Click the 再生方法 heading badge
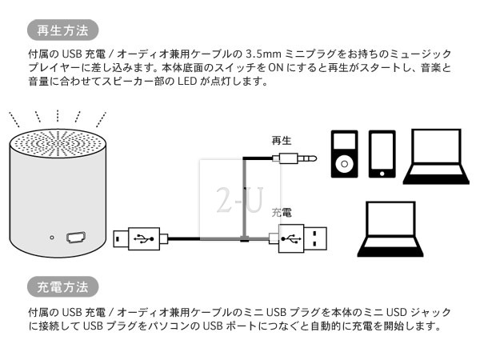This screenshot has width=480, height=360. coord(63,32)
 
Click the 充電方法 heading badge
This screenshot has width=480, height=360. coord(63,286)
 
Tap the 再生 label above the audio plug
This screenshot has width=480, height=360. coord(282,141)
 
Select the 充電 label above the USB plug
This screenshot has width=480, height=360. coord(282,214)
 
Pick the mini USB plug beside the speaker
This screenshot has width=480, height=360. coord(141,238)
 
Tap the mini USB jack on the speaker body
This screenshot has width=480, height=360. coord(76,237)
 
